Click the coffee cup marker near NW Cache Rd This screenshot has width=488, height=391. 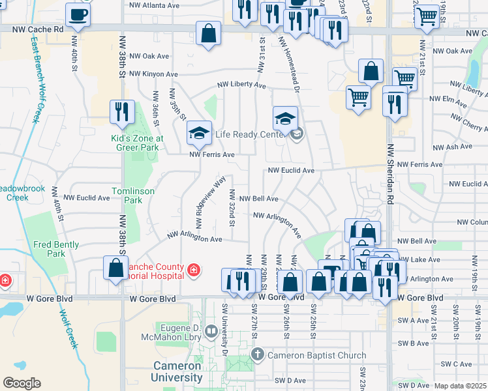pyautogui.click(x=78, y=14)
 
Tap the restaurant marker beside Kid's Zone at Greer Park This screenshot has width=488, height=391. pyautogui.click(x=122, y=112)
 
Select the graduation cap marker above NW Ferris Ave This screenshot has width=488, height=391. pyautogui.click(x=199, y=134)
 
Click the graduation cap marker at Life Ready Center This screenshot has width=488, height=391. pyautogui.click(x=285, y=119)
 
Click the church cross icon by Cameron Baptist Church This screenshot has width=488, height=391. pyautogui.click(x=258, y=355)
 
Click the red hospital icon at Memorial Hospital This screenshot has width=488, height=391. pyautogui.click(x=193, y=269)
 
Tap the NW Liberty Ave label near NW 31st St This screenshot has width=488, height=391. pyautogui.click(x=241, y=85)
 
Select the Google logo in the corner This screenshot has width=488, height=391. pyautogui.click(x=22, y=383)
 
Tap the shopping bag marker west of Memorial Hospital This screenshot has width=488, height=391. pyautogui.click(x=115, y=268)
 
